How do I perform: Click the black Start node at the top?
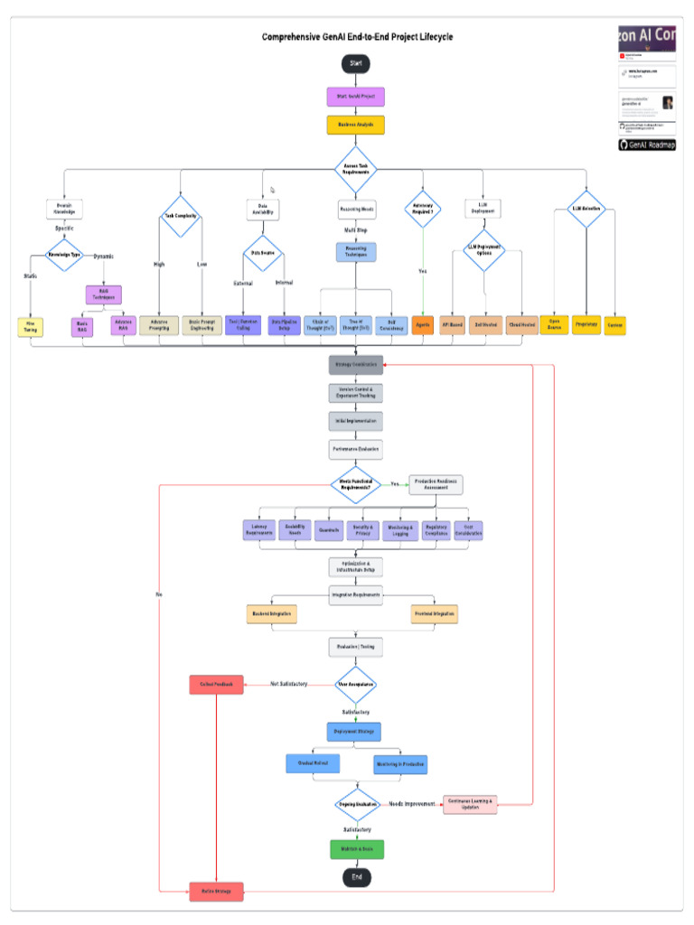point(356,63)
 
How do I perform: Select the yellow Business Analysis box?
point(356,125)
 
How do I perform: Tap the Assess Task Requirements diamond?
point(356,169)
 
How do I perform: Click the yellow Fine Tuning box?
point(30,326)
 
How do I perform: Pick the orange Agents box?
point(423,325)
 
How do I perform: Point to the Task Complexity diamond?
point(181,217)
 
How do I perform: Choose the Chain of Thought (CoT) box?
point(319,325)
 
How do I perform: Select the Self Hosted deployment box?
point(487,325)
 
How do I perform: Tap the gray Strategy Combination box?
point(356,364)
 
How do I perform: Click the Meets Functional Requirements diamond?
point(356,484)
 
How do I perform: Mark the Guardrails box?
point(327,530)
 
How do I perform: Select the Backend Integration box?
point(272,614)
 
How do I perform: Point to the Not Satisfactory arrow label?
point(288,685)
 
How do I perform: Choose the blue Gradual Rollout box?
point(313,763)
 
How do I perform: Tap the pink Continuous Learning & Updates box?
point(469,804)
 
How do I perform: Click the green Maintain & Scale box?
point(356,849)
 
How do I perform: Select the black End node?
point(356,877)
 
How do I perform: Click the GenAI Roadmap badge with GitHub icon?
point(647,145)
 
